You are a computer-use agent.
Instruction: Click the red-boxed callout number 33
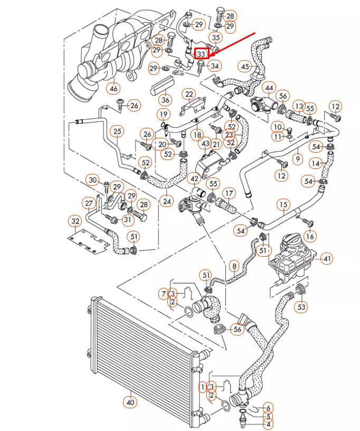(x=201, y=53)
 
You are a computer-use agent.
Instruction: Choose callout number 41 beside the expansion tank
(x=327, y=259)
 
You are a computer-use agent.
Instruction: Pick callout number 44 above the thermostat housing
(x=269, y=87)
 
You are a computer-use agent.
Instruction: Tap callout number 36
(x=165, y=99)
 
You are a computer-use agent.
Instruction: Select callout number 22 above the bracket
(x=188, y=94)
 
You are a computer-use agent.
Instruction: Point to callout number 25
(x=117, y=131)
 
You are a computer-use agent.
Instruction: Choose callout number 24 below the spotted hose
(x=167, y=201)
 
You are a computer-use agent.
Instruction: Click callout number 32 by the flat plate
(x=75, y=220)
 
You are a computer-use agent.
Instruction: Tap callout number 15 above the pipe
(x=284, y=204)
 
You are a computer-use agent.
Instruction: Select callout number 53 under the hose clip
(x=301, y=306)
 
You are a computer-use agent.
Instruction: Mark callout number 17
(x=228, y=193)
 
